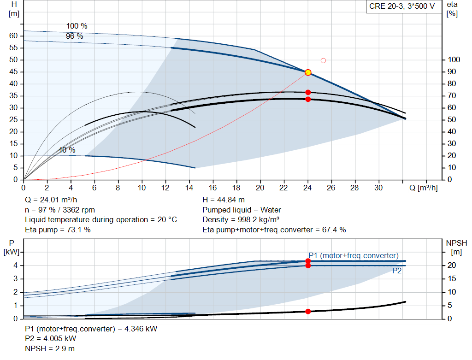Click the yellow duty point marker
(x=307, y=72)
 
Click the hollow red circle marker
(x=323, y=60)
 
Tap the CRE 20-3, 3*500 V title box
(x=402, y=6)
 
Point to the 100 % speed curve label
(x=77, y=26)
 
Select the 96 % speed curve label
(x=74, y=36)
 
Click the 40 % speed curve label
(x=67, y=150)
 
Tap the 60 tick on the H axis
(x=13, y=35)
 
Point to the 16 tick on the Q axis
(x=212, y=188)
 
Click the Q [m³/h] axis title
(x=424, y=188)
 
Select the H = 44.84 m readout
(x=224, y=200)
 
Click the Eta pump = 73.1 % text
(x=58, y=230)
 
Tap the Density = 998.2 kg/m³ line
(x=241, y=220)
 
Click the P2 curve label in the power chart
(x=397, y=271)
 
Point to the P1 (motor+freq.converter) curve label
(x=354, y=255)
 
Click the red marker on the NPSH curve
(x=308, y=312)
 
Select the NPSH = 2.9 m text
(x=50, y=349)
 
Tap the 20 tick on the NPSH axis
(x=452, y=265)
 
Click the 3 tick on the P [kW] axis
(x=16, y=279)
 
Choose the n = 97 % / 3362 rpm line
(x=60, y=210)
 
